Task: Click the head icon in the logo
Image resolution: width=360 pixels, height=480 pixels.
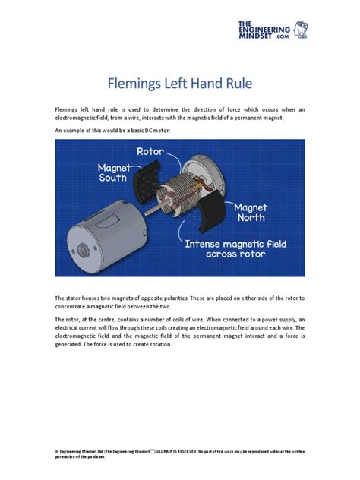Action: coord(301,30)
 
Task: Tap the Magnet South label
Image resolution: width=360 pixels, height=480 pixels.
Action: coord(113,172)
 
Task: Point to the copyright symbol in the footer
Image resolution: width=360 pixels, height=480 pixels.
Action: coord(57,451)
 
